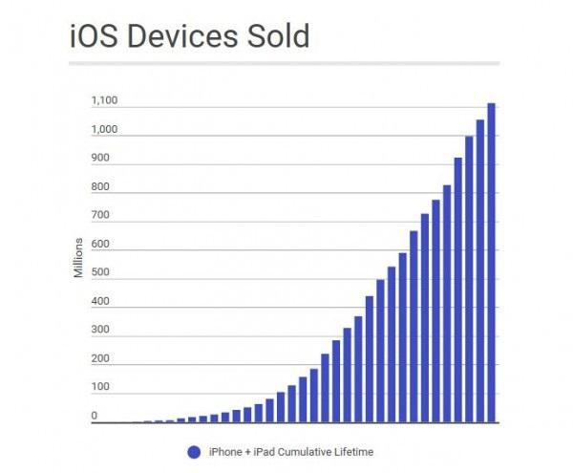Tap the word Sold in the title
(x=277, y=36)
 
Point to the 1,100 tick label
(x=104, y=100)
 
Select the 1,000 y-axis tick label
(x=104, y=129)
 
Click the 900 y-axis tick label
(x=100, y=158)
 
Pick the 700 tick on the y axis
(x=100, y=216)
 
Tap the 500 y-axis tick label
(x=100, y=273)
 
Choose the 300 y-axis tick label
(x=100, y=331)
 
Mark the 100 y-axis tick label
(x=100, y=388)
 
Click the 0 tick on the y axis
(x=95, y=417)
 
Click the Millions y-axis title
(x=78, y=258)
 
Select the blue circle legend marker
(x=195, y=450)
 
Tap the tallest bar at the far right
(x=491, y=263)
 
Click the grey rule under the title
(x=285, y=64)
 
